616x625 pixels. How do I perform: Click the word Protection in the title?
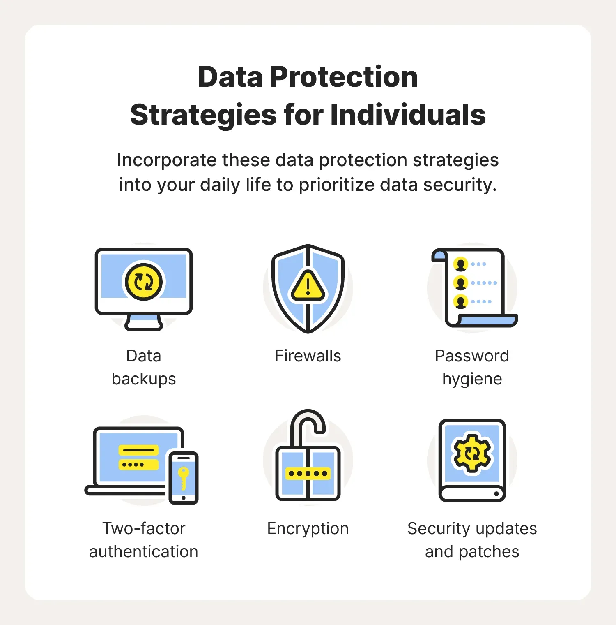click(x=344, y=77)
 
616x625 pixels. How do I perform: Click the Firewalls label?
click(x=308, y=356)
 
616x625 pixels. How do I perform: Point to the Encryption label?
click(x=308, y=529)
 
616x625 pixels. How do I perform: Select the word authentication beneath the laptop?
click(x=144, y=552)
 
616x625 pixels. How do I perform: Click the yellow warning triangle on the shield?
click(x=308, y=285)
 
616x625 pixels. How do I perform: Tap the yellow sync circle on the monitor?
click(x=144, y=282)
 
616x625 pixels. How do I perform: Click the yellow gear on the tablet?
click(x=472, y=453)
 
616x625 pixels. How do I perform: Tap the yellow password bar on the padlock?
click(x=308, y=473)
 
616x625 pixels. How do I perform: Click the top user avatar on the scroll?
click(x=461, y=264)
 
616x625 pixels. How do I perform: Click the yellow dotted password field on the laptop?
click(x=138, y=465)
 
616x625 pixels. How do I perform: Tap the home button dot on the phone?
click(x=184, y=498)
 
